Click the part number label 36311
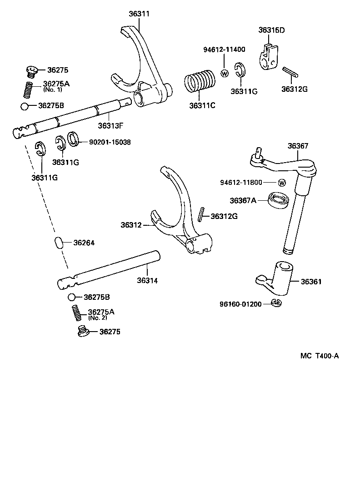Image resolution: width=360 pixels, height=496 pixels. pos(139,14)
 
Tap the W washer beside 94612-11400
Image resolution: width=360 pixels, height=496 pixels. pos(224,73)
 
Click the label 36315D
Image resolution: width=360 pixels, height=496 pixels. pos(271,30)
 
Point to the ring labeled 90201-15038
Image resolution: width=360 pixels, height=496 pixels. pos(74,138)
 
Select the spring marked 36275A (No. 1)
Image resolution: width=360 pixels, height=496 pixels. pos(28,89)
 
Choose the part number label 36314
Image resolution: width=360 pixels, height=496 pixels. pos(147,281)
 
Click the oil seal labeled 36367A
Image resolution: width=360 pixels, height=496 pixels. pos(279,200)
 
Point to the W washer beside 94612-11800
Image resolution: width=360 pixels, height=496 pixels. pos(282,183)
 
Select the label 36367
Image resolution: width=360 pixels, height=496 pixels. pos(298,146)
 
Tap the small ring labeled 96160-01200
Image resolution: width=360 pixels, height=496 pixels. pos(277,303)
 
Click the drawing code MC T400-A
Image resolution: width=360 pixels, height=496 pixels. pos(319,356)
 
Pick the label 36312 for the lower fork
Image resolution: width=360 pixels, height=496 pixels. pos(131,225)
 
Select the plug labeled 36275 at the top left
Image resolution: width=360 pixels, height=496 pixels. pos(31,70)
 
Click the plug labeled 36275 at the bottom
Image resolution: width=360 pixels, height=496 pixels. pos(83,332)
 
